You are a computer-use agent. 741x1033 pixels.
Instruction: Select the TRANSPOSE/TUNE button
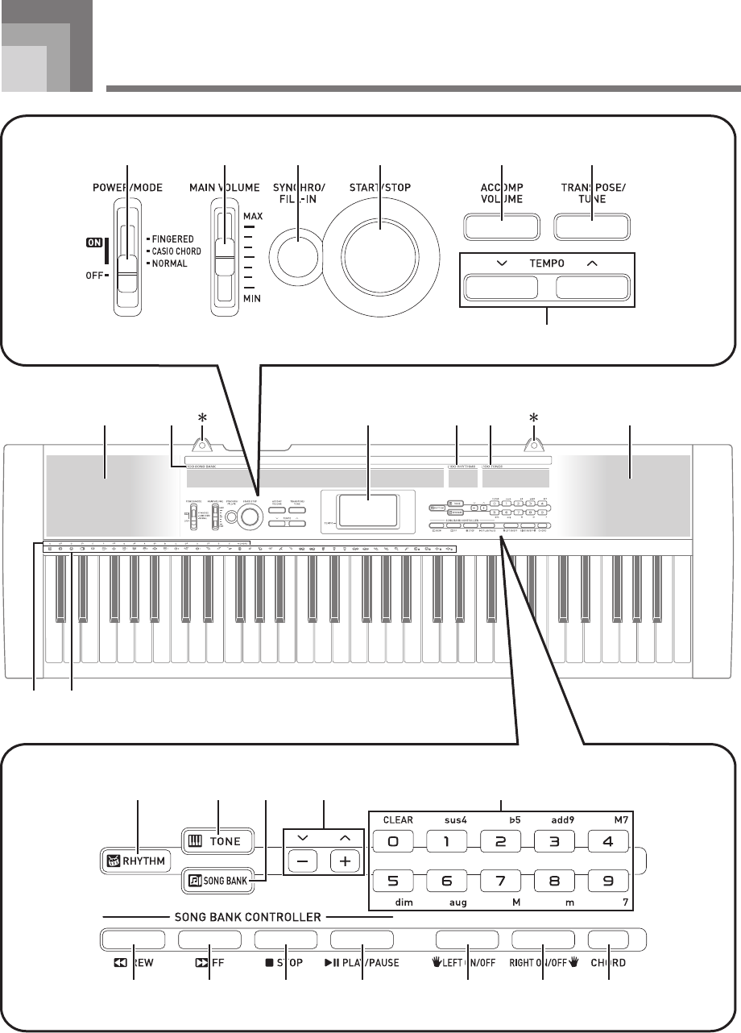592,226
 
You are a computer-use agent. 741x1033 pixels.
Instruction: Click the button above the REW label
134,940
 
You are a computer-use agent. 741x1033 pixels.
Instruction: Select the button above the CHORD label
608,940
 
